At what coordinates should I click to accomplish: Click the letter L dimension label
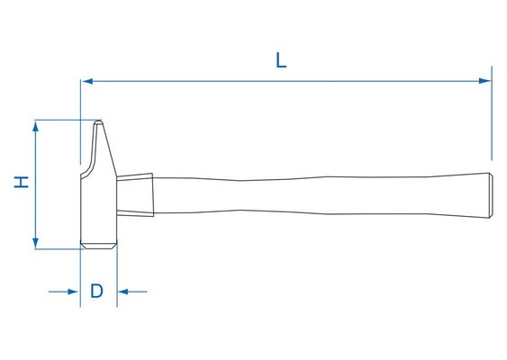click(281, 60)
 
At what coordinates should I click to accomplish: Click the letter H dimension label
click(22, 182)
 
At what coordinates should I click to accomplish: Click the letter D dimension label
click(96, 292)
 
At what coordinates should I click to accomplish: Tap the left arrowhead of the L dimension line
click(87, 81)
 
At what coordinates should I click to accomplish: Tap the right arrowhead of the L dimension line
click(485, 81)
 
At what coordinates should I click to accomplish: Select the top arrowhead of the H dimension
click(35, 126)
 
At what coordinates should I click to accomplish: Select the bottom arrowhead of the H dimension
click(35, 243)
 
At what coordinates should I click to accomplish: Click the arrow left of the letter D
click(63, 292)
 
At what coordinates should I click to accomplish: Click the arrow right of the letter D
click(132, 292)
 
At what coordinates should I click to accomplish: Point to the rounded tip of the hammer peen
click(98, 122)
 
